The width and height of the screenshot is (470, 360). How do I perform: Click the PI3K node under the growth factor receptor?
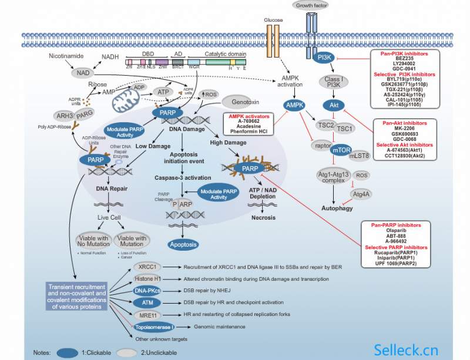(x=324, y=58)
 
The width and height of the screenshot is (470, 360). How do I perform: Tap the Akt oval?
(x=331, y=105)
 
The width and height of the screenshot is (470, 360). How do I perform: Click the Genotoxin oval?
(x=241, y=102)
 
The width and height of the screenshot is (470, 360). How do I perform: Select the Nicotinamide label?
(x=65, y=56)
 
